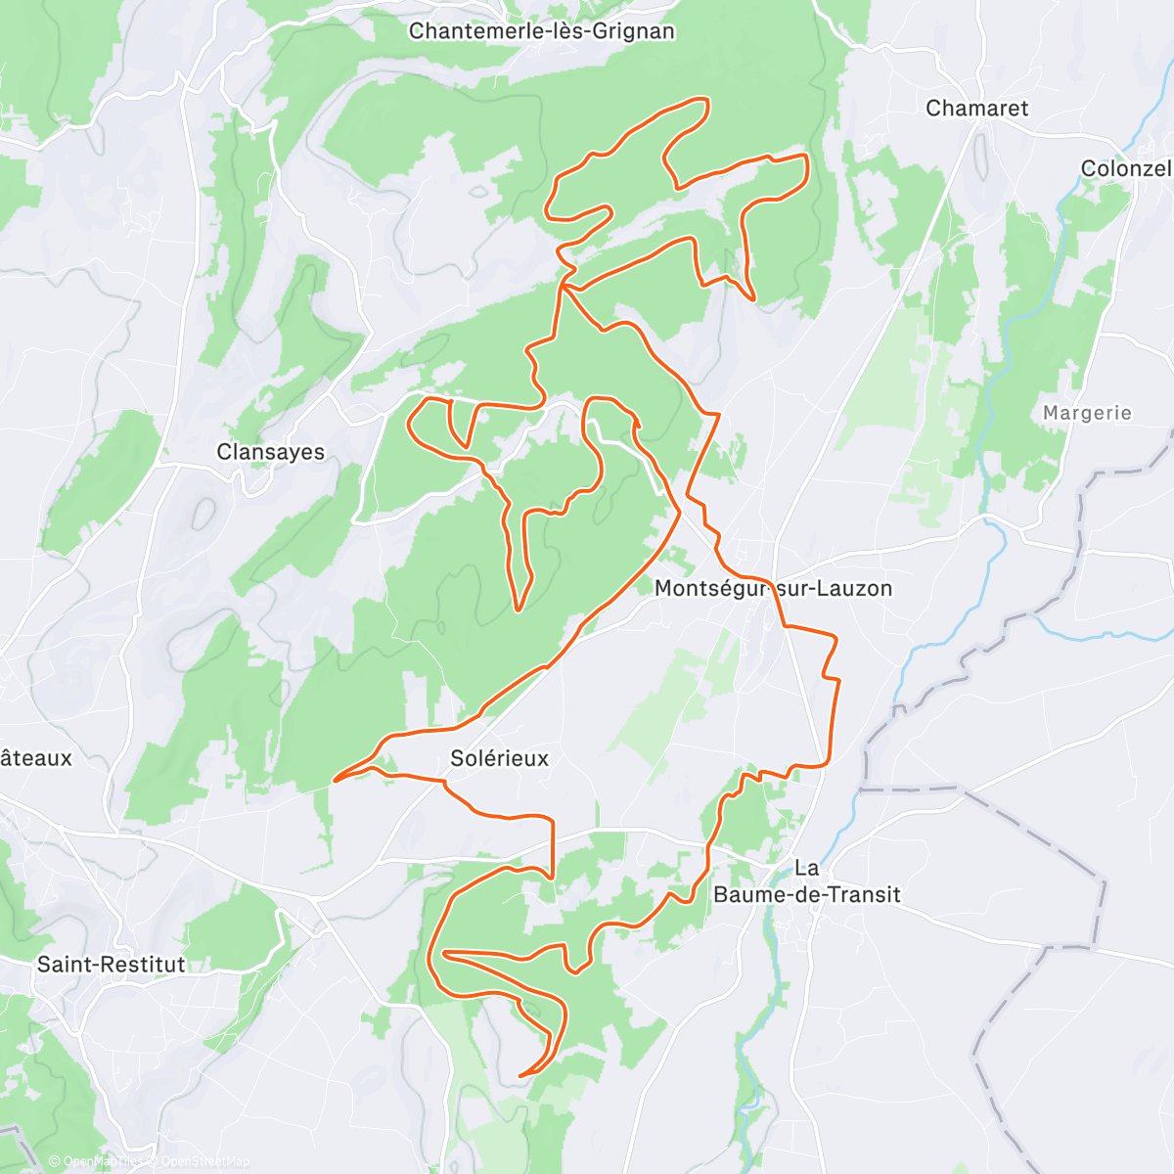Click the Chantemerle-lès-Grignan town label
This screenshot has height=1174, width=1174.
[x=541, y=31]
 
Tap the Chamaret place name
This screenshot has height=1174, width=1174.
[x=976, y=109]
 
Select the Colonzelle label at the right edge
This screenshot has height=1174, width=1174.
[x=1125, y=168]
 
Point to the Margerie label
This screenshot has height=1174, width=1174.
[x=1086, y=413]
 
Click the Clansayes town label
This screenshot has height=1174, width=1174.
[x=270, y=452]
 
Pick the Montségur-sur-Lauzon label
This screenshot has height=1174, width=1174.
[x=772, y=589]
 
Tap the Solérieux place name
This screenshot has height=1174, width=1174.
[x=499, y=758]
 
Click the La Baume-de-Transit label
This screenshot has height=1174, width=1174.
[x=806, y=881]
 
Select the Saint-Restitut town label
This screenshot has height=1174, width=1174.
[x=111, y=965]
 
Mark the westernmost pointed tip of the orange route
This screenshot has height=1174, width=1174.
[x=336, y=780]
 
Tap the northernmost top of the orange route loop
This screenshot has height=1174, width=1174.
[x=700, y=100]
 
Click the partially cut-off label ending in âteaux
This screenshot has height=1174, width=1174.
[x=36, y=758]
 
